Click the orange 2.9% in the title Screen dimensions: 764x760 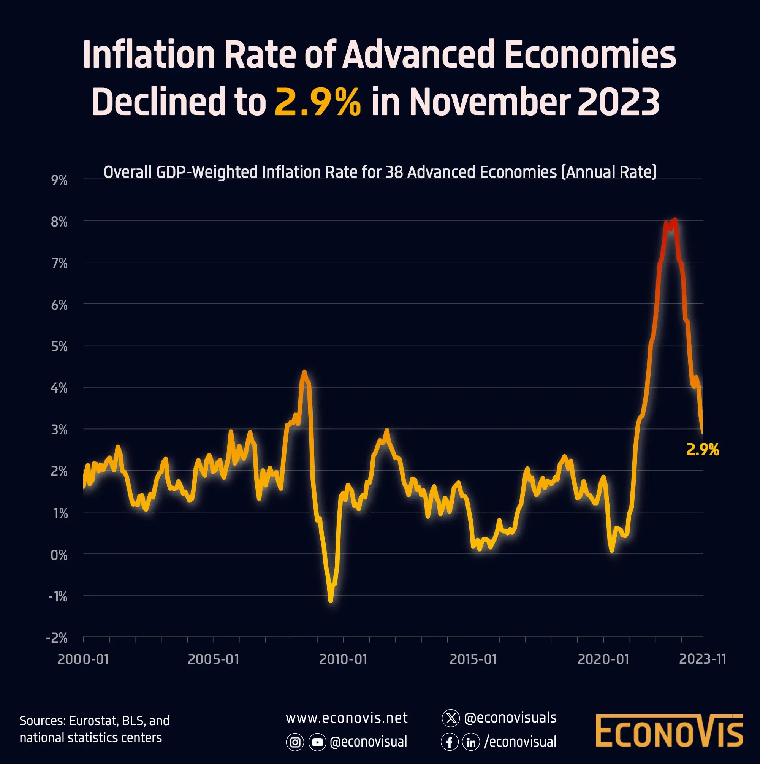[318, 102]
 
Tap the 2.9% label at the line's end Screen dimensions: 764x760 [702, 450]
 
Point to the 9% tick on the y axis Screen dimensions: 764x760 [59, 180]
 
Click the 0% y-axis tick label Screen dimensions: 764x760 [59, 555]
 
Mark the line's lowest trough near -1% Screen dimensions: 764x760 [331, 601]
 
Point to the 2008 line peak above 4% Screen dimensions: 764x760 [304, 372]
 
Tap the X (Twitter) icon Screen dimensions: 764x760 [450, 718]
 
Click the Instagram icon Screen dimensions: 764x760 [294, 742]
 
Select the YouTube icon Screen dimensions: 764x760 [317, 742]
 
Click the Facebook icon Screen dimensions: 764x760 [450, 742]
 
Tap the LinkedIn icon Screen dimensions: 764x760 [471, 742]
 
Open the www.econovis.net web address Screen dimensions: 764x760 [347, 718]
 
